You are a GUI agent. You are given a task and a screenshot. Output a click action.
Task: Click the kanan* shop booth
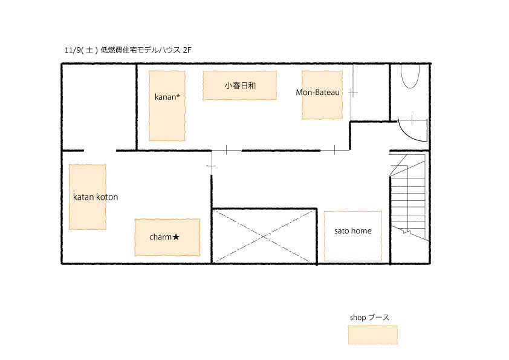pyautogui.click(x=167, y=106)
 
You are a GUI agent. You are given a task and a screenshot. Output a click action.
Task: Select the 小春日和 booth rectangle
pyautogui.click(x=239, y=85)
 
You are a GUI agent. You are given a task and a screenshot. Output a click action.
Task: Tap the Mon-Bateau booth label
pyautogui.click(x=317, y=93)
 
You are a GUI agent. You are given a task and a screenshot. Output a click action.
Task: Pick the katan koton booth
pyautogui.click(x=88, y=197)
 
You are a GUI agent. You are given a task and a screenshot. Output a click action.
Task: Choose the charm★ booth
pyautogui.click(x=167, y=237)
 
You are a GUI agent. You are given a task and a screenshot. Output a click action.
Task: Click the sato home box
pyautogui.click(x=353, y=236)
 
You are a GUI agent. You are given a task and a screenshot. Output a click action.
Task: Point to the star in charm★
pyautogui.click(x=176, y=237)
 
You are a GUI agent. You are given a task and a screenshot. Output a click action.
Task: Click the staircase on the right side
pyautogui.click(x=407, y=197)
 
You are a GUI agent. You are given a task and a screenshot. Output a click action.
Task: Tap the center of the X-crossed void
pyautogui.click(x=264, y=236)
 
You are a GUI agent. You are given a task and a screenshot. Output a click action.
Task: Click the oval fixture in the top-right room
pyautogui.click(x=410, y=76)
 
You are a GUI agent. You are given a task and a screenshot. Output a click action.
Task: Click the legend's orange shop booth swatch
pyautogui.click(x=372, y=335)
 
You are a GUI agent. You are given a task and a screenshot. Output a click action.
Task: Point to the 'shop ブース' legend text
pyautogui.click(x=369, y=318)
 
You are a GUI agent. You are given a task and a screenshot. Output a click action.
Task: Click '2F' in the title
pyautogui.click(x=187, y=50)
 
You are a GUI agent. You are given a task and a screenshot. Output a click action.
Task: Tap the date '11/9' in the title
pyautogui.click(x=72, y=50)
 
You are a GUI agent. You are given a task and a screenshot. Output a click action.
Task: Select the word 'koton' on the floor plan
pyautogui.click(x=107, y=197)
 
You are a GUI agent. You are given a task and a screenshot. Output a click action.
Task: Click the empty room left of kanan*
pyautogui.click(x=99, y=107)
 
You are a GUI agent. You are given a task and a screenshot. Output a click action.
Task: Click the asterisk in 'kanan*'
pyautogui.click(x=178, y=95)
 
